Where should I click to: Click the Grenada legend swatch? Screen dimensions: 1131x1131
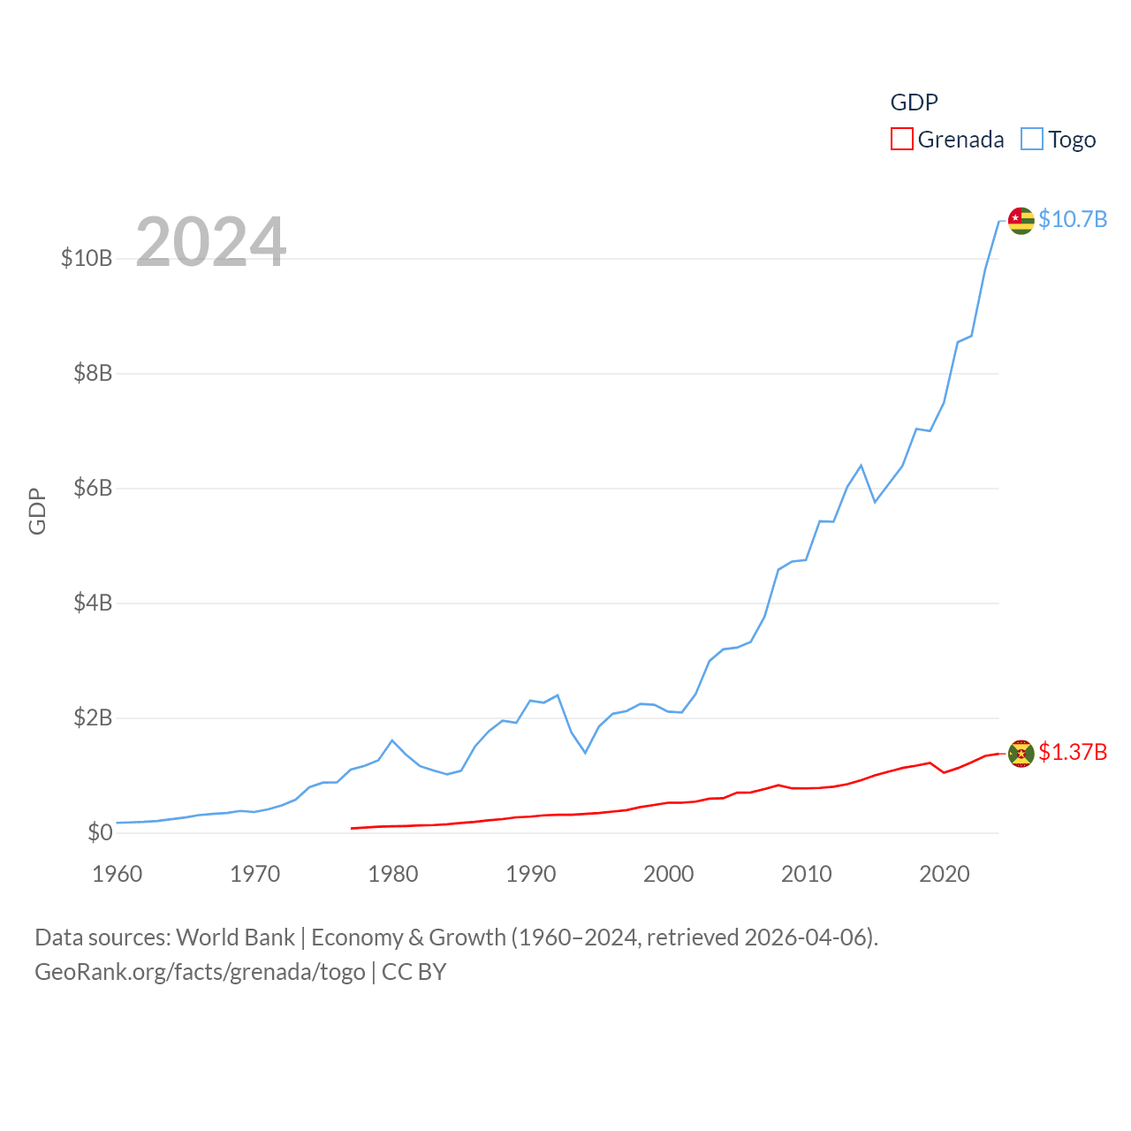[x=901, y=140]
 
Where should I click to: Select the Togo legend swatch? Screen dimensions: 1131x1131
[x=1032, y=140]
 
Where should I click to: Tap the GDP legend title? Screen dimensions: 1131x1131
[x=914, y=102]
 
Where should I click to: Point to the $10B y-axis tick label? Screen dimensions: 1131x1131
[x=87, y=258]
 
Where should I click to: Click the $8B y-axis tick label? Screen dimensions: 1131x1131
[x=93, y=373]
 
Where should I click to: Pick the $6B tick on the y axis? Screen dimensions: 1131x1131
[x=93, y=488]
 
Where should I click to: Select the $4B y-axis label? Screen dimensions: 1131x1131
[x=93, y=603]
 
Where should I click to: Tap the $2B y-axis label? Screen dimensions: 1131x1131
[x=93, y=717]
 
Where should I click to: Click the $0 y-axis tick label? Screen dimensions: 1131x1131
[x=100, y=832]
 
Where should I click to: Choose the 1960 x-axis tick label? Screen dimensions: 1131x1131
[x=118, y=874]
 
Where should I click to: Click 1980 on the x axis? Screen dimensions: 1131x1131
[x=393, y=874]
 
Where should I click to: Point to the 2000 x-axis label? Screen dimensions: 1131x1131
[x=669, y=874]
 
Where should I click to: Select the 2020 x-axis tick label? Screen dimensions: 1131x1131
[x=945, y=874]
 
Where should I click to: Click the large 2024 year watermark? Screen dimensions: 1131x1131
[x=210, y=242]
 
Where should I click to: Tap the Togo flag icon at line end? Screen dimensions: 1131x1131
[x=1021, y=220]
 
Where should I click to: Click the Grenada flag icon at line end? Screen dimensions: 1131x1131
[x=1021, y=754]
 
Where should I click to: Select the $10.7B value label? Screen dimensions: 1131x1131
[x=1073, y=219]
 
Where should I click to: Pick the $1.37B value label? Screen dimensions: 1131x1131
[x=1073, y=752]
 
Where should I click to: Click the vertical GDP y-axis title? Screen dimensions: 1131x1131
[x=37, y=511]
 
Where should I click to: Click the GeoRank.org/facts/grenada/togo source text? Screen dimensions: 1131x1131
[x=200, y=972]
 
